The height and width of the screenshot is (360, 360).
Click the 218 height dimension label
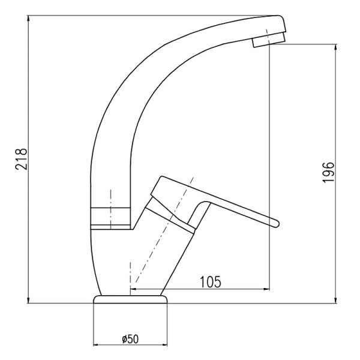tap(22, 159)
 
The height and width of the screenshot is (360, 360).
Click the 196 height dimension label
tap(328, 172)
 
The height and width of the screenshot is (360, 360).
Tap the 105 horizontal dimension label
tap(211, 282)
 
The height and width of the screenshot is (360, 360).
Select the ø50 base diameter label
tap(130, 339)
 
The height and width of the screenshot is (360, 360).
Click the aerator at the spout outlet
tap(269, 40)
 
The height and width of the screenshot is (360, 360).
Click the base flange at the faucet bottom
tap(130, 299)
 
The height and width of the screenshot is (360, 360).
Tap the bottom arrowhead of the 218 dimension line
tap(28, 301)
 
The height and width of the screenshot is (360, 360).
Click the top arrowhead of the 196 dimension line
tap(335, 47)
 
